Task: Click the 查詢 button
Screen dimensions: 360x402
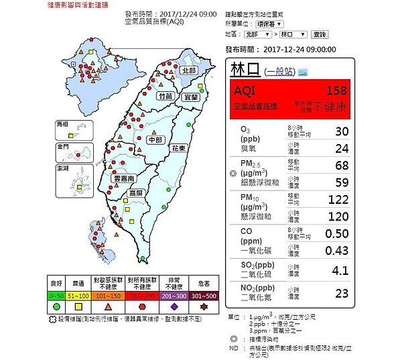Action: [x=319, y=34]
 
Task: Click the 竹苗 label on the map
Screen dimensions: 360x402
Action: [x=165, y=97]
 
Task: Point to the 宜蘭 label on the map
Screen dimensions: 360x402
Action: [x=191, y=97]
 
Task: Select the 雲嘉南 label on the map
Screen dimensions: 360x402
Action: [x=125, y=179]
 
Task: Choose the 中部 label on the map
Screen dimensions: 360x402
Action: [x=155, y=139]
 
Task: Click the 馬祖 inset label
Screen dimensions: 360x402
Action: [x=63, y=124]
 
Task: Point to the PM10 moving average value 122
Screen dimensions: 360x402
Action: [x=336, y=199]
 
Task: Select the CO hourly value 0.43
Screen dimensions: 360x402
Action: [x=336, y=249]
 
